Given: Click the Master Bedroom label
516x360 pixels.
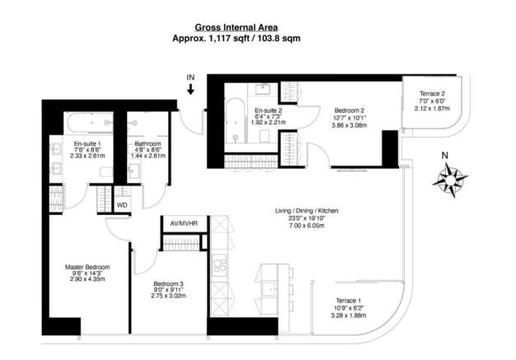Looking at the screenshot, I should (87, 267).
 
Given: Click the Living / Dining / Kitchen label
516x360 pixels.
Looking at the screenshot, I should (307, 212).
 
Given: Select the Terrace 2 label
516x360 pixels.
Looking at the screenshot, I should (432, 95).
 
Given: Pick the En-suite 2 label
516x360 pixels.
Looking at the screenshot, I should (269, 110).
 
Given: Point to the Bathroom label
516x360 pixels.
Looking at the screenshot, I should (148, 143).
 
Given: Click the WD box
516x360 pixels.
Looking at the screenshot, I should (122, 204).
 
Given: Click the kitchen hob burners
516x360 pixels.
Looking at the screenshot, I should (220, 265).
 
